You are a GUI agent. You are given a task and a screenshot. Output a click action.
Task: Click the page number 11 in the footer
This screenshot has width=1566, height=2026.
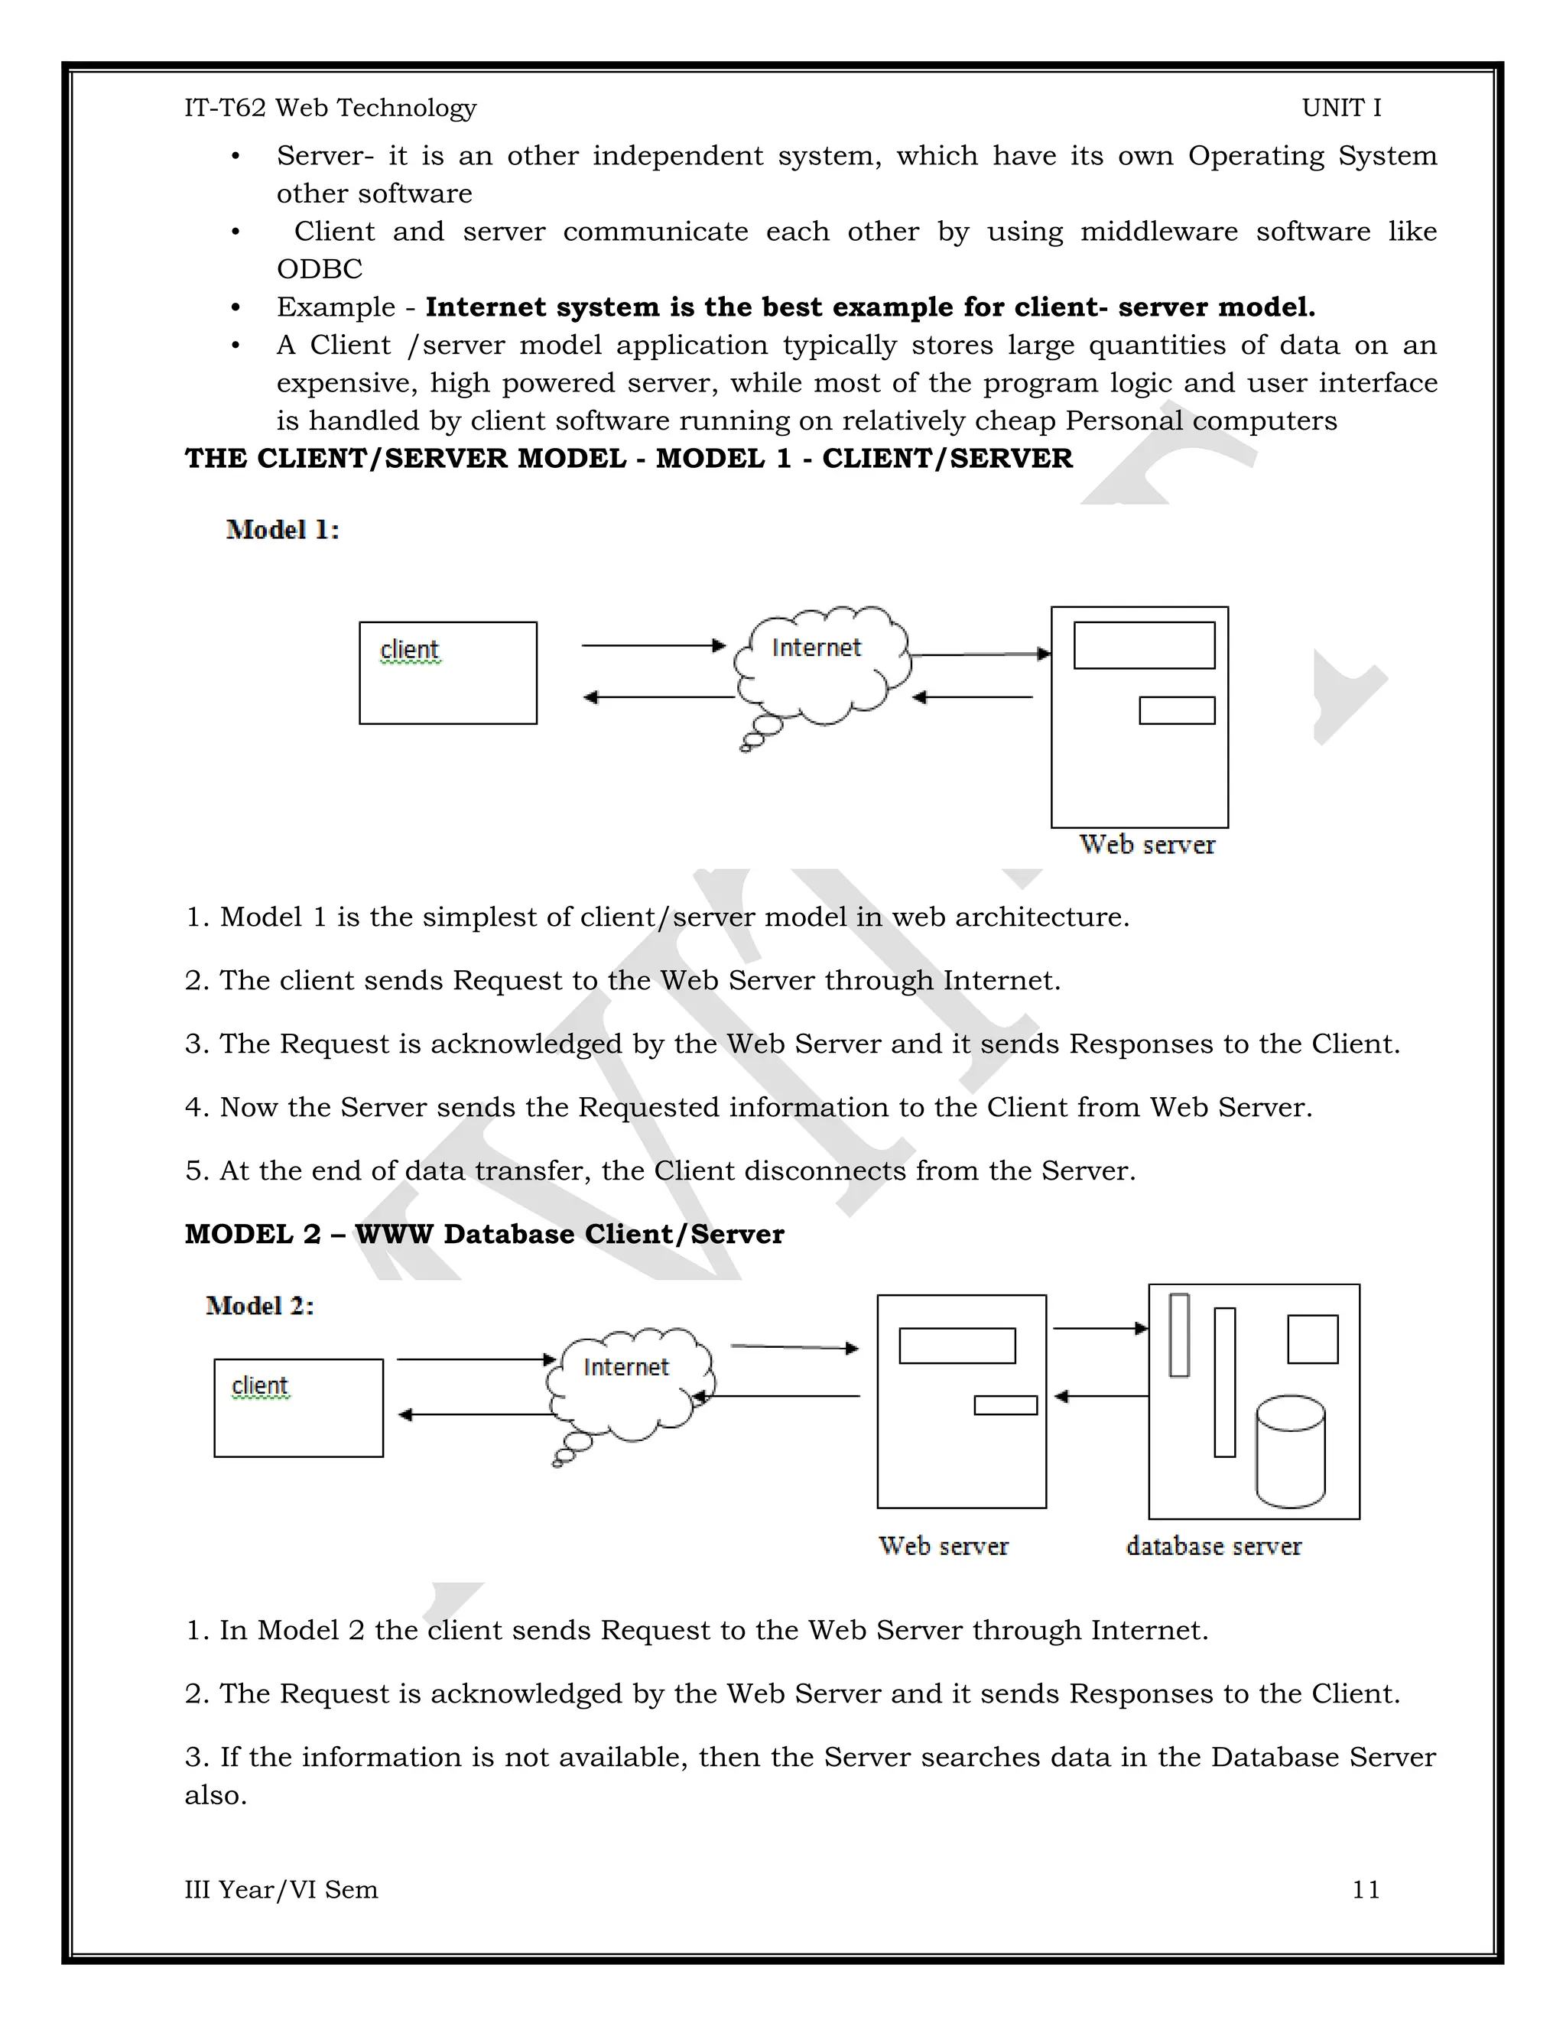click(x=1366, y=1890)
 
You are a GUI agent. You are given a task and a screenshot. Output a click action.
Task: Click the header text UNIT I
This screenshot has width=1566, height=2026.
click(x=1340, y=108)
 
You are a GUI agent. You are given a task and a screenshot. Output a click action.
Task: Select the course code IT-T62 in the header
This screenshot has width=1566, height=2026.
click(x=225, y=108)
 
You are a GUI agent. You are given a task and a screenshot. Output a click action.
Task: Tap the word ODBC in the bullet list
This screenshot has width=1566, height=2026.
click(x=319, y=269)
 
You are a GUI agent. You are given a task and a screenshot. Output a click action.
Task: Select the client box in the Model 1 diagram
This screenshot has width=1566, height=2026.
click(x=447, y=673)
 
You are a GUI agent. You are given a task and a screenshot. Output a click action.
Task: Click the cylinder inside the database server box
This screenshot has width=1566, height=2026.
click(x=1289, y=1451)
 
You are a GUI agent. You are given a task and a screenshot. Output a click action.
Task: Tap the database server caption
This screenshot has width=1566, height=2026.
click(x=1213, y=1547)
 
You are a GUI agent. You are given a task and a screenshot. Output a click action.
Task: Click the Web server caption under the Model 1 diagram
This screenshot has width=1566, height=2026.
click(x=1147, y=845)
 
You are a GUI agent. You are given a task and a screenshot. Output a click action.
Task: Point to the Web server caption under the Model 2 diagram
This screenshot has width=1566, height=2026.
click(x=943, y=1547)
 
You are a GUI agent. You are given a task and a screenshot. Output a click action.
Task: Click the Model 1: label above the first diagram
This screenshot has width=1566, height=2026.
click(x=282, y=530)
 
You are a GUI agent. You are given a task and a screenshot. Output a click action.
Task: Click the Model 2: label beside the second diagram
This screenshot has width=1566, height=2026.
click(x=260, y=1306)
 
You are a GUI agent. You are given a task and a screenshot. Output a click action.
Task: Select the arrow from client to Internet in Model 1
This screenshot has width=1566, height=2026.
click(x=652, y=644)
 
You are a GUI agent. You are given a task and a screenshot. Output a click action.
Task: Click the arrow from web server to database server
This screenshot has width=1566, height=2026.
click(x=1100, y=1329)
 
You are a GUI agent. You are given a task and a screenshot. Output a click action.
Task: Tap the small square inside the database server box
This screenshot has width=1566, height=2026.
click(x=1312, y=1339)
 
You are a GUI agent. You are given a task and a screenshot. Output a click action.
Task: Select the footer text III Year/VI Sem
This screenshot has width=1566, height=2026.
click(x=281, y=1890)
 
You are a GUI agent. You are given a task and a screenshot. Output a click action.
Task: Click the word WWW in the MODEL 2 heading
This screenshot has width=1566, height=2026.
click(x=393, y=1235)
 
